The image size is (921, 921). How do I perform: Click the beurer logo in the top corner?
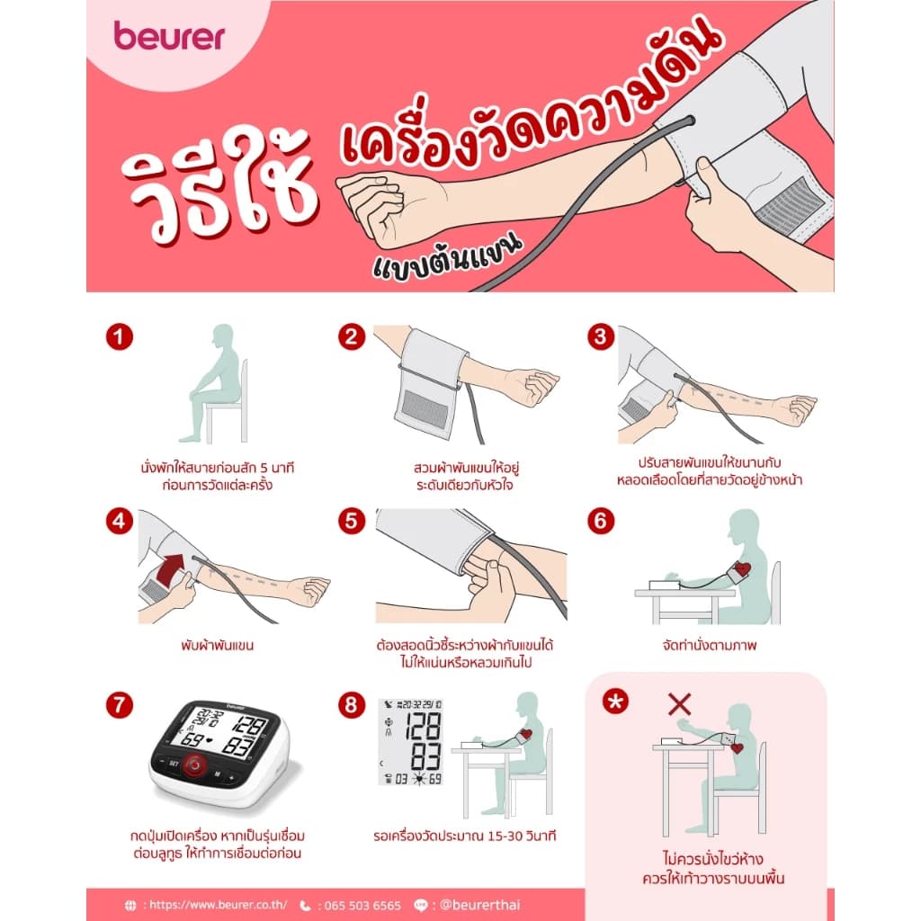pyautogui.click(x=169, y=36)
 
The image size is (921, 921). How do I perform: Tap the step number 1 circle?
pyautogui.click(x=119, y=338)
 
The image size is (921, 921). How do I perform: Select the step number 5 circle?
pyautogui.click(x=351, y=521)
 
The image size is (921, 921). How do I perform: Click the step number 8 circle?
pyautogui.click(x=351, y=704)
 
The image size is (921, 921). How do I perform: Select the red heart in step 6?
pyautogui.click(x=741, y=569)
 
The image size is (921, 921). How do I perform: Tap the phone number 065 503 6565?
pyautogui.click(x=359, y=905)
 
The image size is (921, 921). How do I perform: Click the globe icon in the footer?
pyautogui.click(x=131, y=905)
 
